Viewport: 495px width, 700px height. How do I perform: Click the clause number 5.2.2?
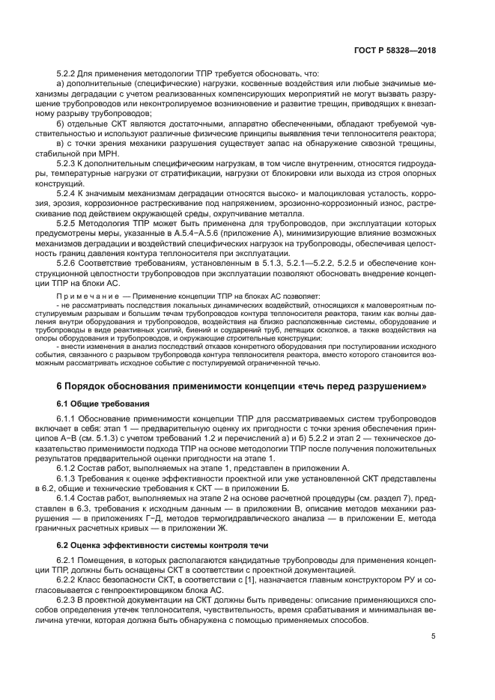click(x=70, y=74)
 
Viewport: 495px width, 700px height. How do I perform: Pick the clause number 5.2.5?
click(x=70, y=223)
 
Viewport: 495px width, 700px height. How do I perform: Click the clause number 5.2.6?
click(x=70, y=263)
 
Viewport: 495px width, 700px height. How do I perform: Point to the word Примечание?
click(x=81, y=296)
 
